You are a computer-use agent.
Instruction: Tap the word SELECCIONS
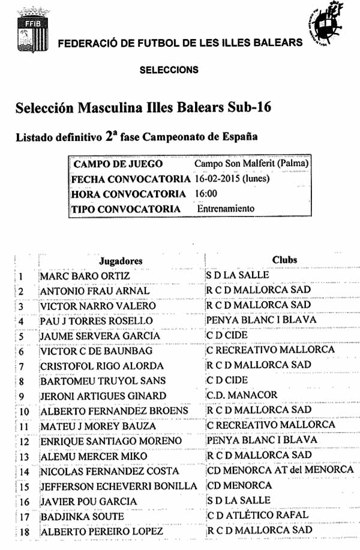click(169, 70)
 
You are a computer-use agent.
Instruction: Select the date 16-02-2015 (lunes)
click(232, 179)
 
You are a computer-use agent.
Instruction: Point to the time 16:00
click(206, 194)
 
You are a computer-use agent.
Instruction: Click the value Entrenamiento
click(226, 209)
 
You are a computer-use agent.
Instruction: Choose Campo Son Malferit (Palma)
click(251, 163)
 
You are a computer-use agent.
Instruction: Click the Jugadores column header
click(121, 261)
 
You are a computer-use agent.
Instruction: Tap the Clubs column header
click(284, 260)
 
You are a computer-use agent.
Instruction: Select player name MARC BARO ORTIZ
click(85, 276)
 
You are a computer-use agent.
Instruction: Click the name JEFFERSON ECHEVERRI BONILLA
click(118, 486)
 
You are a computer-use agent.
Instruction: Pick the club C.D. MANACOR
click(242, 395)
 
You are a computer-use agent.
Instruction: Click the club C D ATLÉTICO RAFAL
click(257, 515)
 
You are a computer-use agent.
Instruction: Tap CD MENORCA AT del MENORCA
click(280, 470)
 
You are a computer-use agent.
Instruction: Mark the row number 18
click(24, 532)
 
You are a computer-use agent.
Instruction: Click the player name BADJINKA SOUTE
click(82, 516)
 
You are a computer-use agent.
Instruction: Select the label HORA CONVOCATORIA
click(128, 194)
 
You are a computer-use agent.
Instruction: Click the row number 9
click(21, 396)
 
